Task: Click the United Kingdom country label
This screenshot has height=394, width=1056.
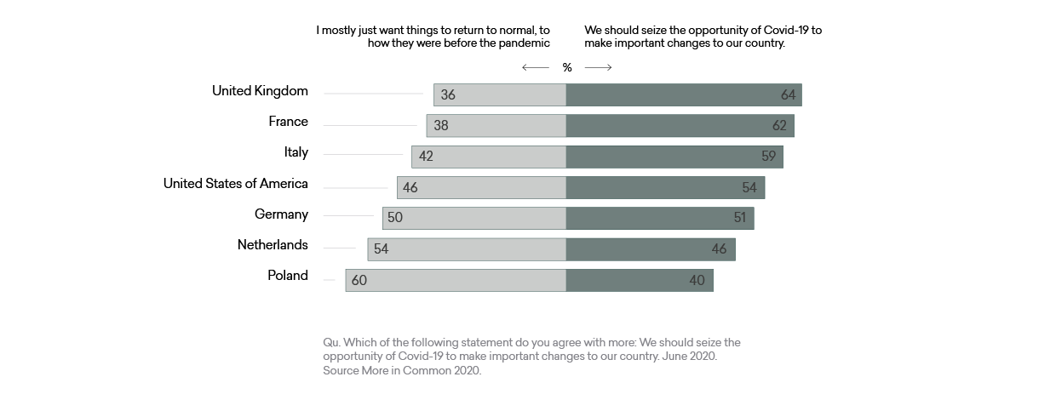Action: (x=260, y=91)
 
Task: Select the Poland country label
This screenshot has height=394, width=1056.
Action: (x=287, y=276)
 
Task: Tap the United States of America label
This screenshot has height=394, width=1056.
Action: (x=235, y=184)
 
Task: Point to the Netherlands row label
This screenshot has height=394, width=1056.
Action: (x=273, y=245)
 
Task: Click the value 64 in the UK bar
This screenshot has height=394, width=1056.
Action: (x=788, y=95)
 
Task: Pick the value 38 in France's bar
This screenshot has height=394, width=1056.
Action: (x=440, y=126)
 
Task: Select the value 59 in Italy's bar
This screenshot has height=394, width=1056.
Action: (x=769, y=157)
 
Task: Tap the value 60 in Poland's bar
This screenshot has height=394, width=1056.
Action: (x=359, y=280)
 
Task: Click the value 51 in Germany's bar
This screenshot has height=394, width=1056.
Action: (x=739, y=218)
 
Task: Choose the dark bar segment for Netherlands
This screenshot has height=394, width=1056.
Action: (x=650, y=248)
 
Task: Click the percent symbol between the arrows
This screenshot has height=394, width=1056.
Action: (x=567, y=68)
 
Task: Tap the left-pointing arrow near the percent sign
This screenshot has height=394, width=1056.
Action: (x=536, y=68)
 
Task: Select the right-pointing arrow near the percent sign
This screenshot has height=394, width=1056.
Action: (x=598, y=68)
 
